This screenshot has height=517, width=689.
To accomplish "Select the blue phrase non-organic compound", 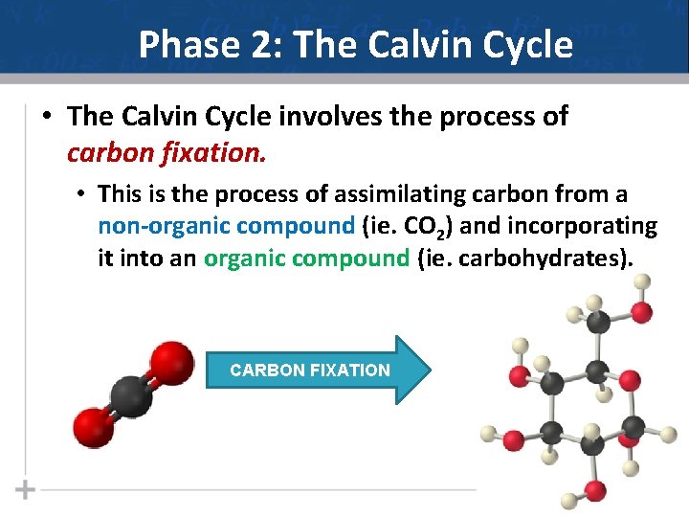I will tap(226, 226).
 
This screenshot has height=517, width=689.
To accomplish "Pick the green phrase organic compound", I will tap(306, 257).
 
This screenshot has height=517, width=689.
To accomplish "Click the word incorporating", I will tap(586, 226).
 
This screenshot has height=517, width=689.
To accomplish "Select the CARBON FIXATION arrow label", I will tap(310, 370).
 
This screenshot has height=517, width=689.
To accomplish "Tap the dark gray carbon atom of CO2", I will tap(131, 394).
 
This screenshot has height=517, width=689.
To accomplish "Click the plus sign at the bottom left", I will tap(25, 490).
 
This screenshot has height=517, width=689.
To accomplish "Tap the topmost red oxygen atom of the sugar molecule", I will tap(642, 311).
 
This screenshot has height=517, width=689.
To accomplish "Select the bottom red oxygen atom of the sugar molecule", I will tap(594, 491).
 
